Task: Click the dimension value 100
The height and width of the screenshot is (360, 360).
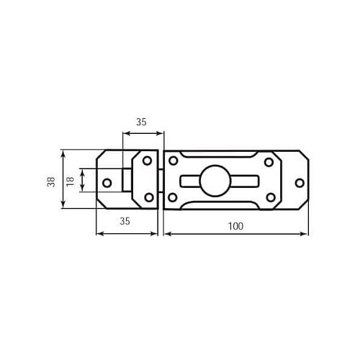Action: pos(235,226)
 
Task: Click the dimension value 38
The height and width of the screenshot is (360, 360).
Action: pos(51,181)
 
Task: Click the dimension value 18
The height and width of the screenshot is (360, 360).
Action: pos(70,181)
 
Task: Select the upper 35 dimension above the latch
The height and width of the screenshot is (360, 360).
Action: pos(141,122)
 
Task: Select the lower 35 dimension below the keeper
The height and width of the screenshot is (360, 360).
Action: pos(125,221)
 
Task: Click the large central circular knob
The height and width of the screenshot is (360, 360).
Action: pos(215,181)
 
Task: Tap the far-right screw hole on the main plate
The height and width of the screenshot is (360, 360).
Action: pos(300,183)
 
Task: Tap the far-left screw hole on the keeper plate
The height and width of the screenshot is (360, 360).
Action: pos(107,183)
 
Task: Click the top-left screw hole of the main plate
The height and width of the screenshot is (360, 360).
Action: pos(173,161)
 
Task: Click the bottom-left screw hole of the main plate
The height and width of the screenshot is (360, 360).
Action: pos(172,197)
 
